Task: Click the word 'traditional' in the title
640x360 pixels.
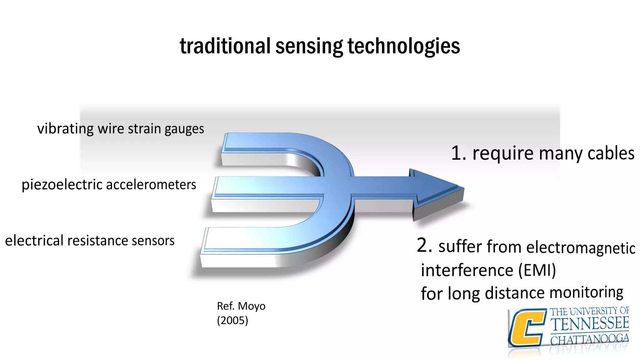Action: click(x=225, y=46)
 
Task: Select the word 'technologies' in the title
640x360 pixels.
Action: click(x=404, y=46)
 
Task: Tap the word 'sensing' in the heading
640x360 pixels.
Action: click(x=309, y=46)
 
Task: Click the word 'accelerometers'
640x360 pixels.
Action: click(x=151, y=185)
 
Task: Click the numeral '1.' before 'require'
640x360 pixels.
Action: click(x=459, y=153)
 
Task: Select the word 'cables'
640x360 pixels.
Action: click(x=611, y=153)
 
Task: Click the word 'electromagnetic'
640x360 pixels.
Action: click(x=581, y=248)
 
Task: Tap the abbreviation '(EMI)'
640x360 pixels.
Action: click(x=537, y=270)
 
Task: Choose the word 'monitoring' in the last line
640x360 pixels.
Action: click(x=586, y=292)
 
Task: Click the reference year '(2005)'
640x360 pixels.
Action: click(x=232, y=320)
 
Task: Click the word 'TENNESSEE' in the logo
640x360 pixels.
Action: click(x=589, y=323)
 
